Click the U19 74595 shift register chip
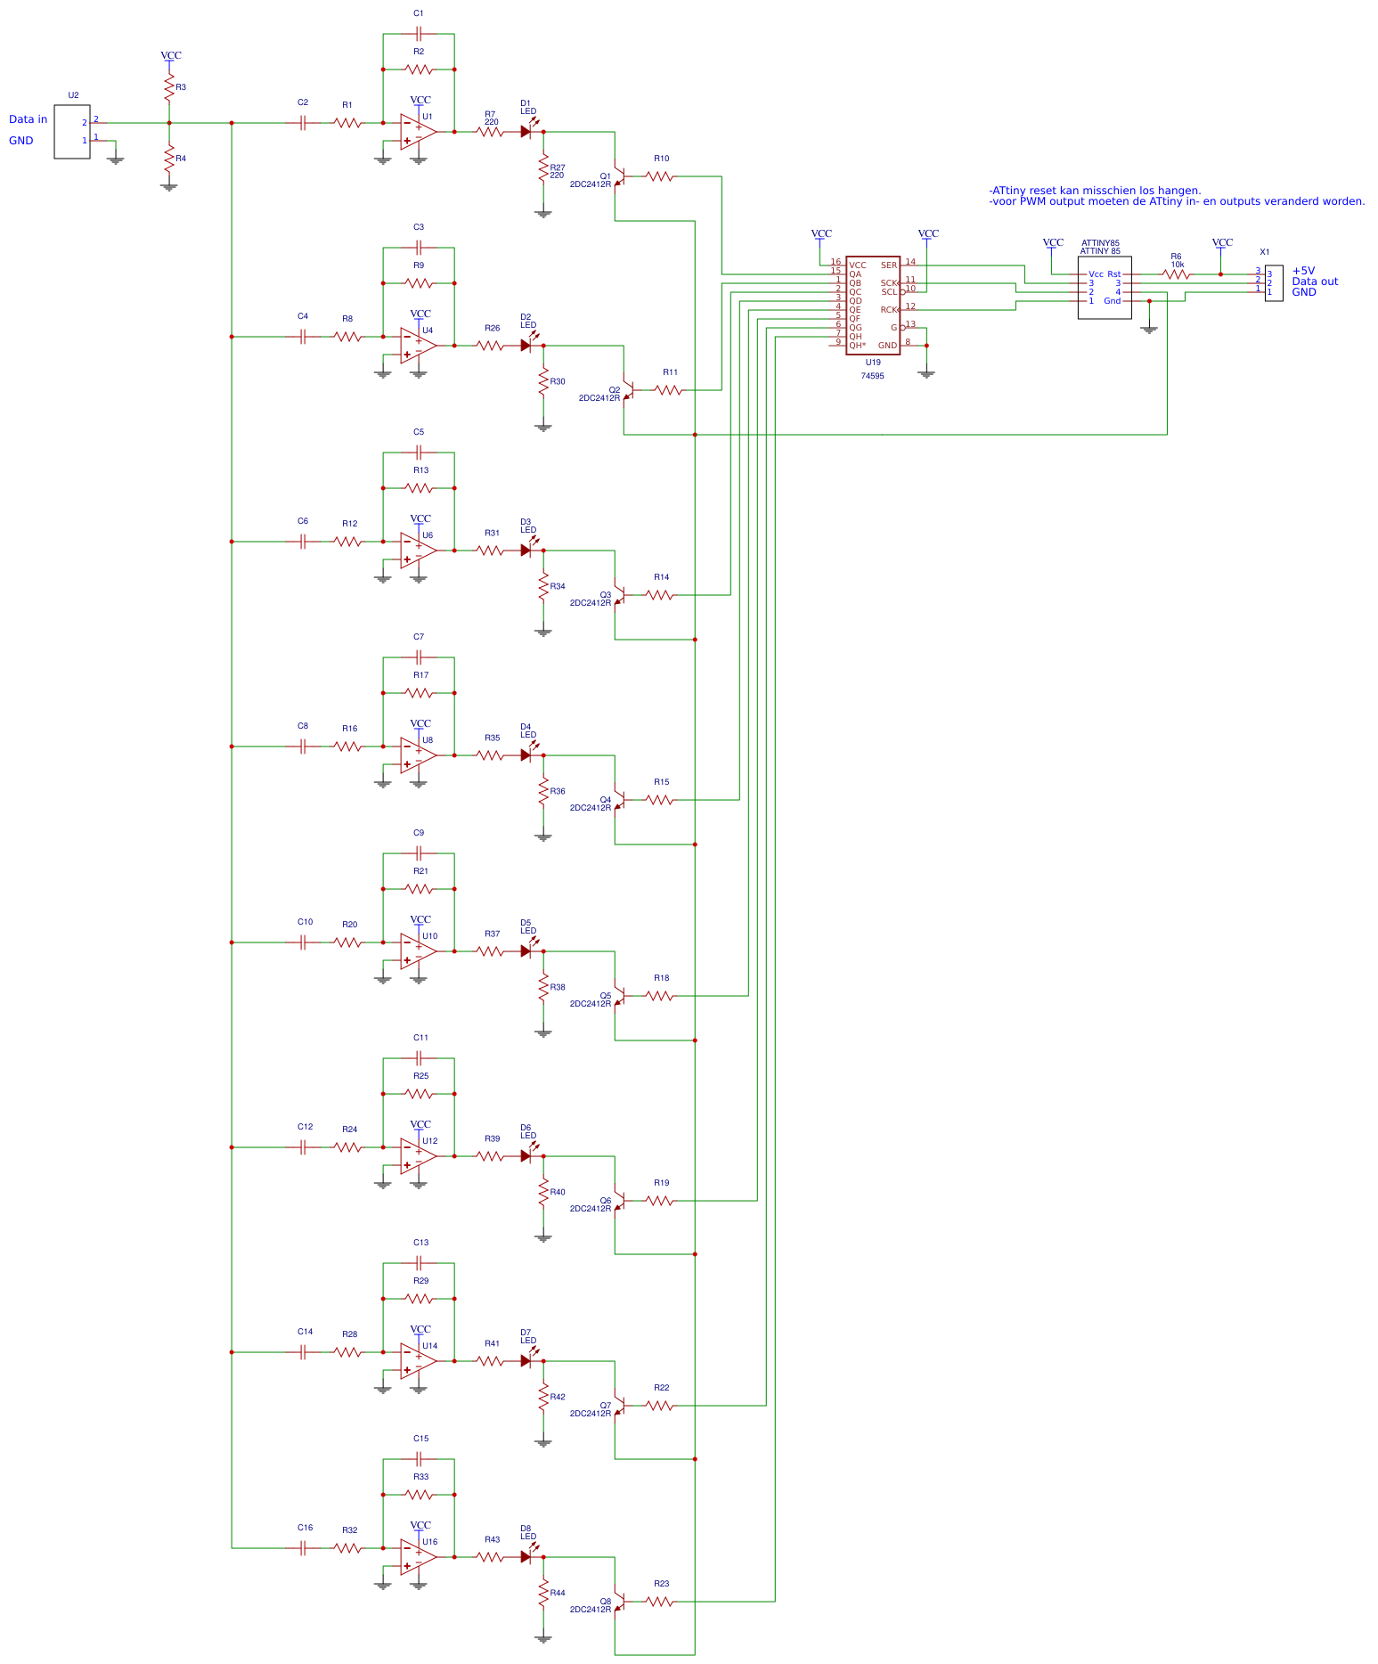click(872, 306)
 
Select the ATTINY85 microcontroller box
click(1104, 288)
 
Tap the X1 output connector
click(1274, 282)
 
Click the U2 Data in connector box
click(71, 132)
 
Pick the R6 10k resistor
click(1176, 274)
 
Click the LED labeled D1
click(526, 132)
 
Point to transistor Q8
click(619, 1602)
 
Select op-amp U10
click(418, 951)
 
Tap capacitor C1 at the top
click(419, 34)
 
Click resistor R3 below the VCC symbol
click(168, 87)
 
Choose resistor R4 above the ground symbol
click(168, 159)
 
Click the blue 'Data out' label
click(1315, 281)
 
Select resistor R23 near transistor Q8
click(659, 1602)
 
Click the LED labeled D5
click(526, 951)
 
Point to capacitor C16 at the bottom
click(303, 1548)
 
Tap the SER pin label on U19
click(888, 265)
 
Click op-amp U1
click(418, 132)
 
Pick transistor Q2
click(627, 390)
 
